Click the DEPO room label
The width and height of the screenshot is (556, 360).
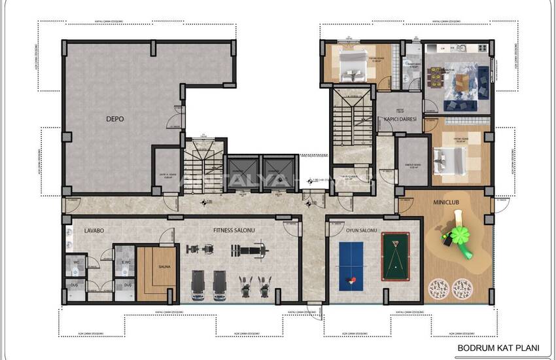(115, 119)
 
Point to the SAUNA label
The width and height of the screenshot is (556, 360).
(164, 266)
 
